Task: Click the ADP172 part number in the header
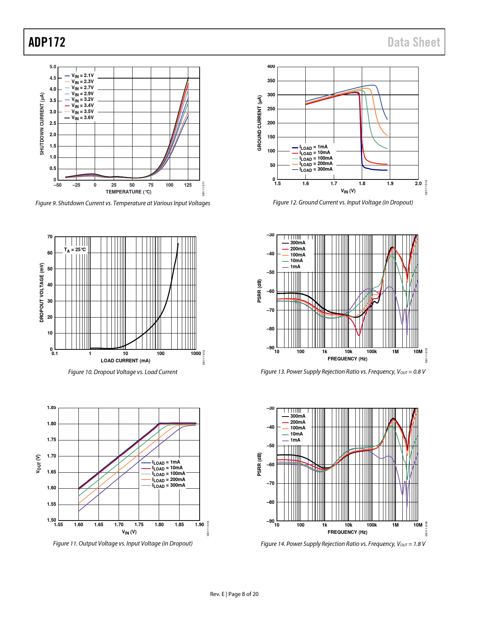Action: coord(47,42)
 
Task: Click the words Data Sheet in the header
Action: coord(414,42)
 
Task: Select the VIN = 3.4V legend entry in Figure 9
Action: coord(82,105)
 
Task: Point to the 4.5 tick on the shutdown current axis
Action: coord(53,78)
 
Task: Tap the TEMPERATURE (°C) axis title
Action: coord(128,192)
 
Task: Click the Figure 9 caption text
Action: coord(123,203)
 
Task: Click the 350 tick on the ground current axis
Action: coord(271,81)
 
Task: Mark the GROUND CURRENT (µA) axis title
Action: coord(259,123)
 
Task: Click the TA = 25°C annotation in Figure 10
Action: coord(75,250)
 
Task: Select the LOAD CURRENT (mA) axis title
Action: coord(125,361)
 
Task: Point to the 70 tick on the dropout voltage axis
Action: coord(50,237)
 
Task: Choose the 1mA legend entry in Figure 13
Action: coord(295,267)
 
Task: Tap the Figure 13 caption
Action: coord(343,372)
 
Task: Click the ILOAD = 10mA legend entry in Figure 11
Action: coord(167,468)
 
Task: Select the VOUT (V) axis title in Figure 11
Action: coord(38,464)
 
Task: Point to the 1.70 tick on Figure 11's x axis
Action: coord(119,525)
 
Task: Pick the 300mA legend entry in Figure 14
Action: coord(297,416)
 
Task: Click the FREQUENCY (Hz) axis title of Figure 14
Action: coord(347,532)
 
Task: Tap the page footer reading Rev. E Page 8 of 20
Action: coord(234,594)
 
